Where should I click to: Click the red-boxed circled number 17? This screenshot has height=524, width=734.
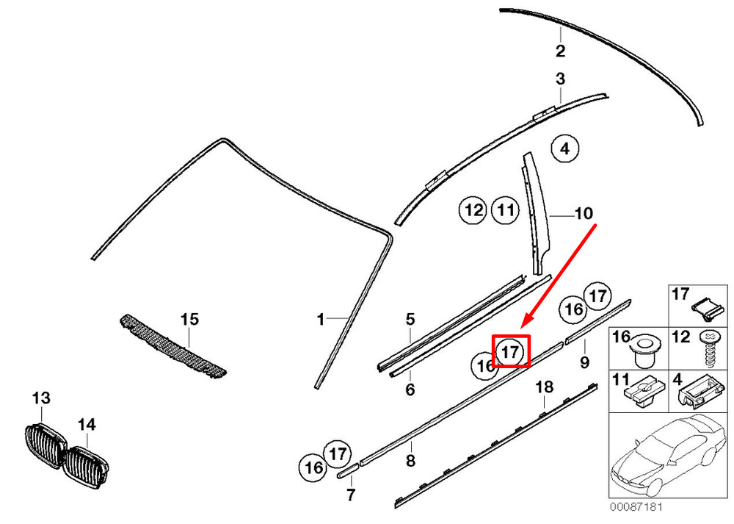coord(510,351)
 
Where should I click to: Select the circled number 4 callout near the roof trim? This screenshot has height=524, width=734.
coord(565,148)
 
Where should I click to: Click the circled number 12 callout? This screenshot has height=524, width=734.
coord(473,210)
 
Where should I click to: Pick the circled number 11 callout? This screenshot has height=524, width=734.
coord(505,210)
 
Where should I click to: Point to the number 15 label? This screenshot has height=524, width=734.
coord(189,319)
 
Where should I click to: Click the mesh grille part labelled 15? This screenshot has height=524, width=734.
coord(172,345)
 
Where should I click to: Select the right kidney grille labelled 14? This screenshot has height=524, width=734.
coord(86,467)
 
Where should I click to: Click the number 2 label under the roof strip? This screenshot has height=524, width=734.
coord(560,51)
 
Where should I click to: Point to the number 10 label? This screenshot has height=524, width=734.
coord(584,214)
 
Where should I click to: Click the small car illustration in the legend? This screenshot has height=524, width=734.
coord(669,455)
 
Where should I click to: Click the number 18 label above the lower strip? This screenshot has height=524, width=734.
coord(544,387)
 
